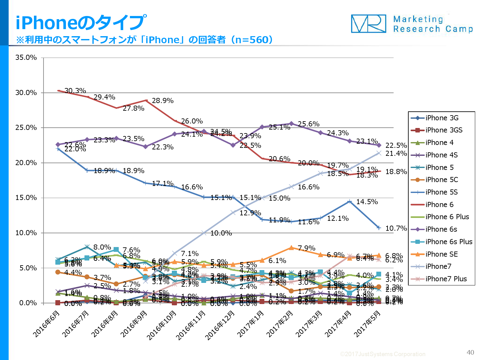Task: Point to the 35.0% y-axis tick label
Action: pyautogui.click(x=26, y=58)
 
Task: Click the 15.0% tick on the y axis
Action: pyautogui.click(x=26, y=198)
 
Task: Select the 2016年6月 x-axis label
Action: pyautogui.click(x=46, y=324)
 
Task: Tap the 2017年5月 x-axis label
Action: pyautogui.click(x=367, y=324)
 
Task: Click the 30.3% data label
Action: pyautogui.click(x=75, y=91)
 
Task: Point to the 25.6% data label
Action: pyautogui.click(x=308, y=124)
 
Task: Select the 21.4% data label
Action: pyautogui.click(x=396, y=154)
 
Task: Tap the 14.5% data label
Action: pyautogui.click(x=367, y=202)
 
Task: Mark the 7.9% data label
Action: pyautogui.click(x=306, y=248)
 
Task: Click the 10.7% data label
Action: pyautogui.click(x=396, y=228)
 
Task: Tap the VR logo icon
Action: pyautogui.click(x=368, y=24)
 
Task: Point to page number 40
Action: pyautogui.click(x=470, y=352)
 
